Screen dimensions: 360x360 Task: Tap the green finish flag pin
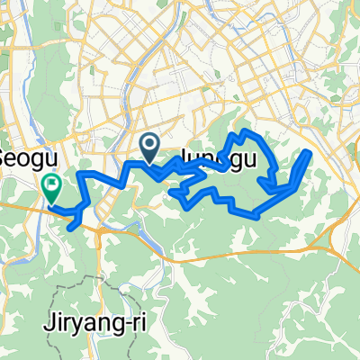coord(51,186)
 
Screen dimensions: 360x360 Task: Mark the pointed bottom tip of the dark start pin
coord(150,160)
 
